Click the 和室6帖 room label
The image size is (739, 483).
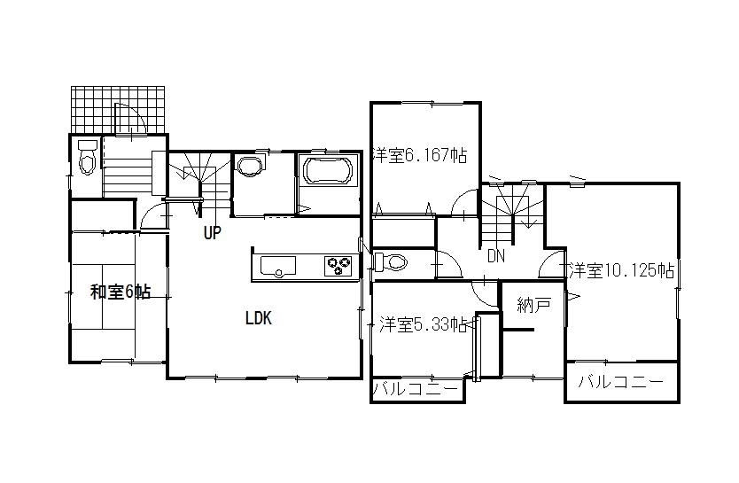click(x=120, y=292)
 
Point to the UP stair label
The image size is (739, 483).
click(x=211, y=234)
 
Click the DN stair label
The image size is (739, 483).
click(x=496, y=256)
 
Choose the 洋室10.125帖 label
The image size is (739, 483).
click(x=622, y=270)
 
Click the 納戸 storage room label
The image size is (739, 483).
click(x=534, y=306)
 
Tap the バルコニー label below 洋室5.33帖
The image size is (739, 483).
click(x=416, y=390)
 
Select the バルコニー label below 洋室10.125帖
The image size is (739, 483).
click(x=621, y=383)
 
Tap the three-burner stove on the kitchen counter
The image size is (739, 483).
click(x=338, y=264)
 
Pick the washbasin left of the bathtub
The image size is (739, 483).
click(x=251, y=167)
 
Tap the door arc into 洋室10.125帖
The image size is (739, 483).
click(x=553, y=263)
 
